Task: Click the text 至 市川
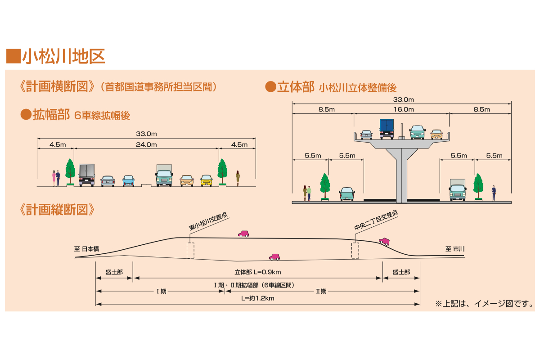coord(454,248)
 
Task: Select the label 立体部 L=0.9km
coord(258,272)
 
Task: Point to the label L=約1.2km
coord(258,298)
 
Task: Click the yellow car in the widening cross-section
coord(206,180)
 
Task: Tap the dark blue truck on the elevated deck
coord(387,128)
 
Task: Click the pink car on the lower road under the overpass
coord(274,257)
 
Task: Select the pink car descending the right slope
coord(384,241)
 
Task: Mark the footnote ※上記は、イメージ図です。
coord(484,304)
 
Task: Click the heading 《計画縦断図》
coord(57,209)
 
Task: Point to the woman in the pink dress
coord(54,178)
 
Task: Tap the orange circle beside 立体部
coord(270,87)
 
